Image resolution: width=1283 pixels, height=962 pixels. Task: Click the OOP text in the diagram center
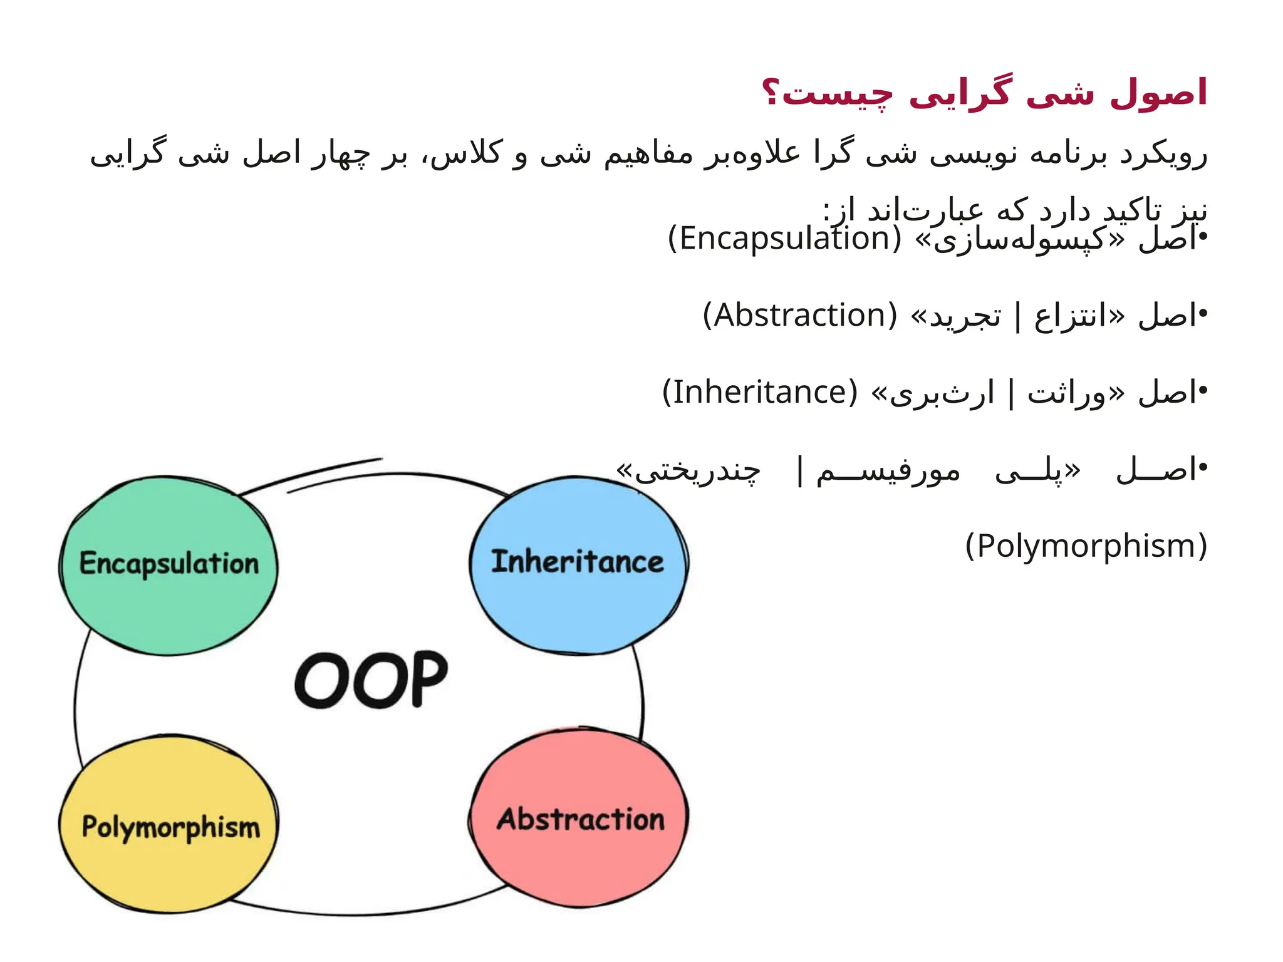click(371, 680)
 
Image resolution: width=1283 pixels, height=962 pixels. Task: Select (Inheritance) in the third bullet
click(760, 393)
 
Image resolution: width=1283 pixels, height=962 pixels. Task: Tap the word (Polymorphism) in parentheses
click(1086, 546)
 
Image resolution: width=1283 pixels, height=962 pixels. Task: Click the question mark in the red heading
click(771, 93)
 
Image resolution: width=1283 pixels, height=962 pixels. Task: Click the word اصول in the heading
click(1158, 93)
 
